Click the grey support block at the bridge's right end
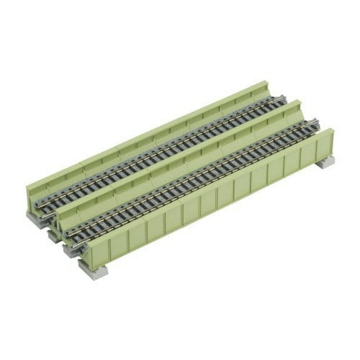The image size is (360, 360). pyautogui.click(x=327, y=164)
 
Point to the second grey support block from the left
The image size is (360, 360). pyautogui.click(x=51, y=233)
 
